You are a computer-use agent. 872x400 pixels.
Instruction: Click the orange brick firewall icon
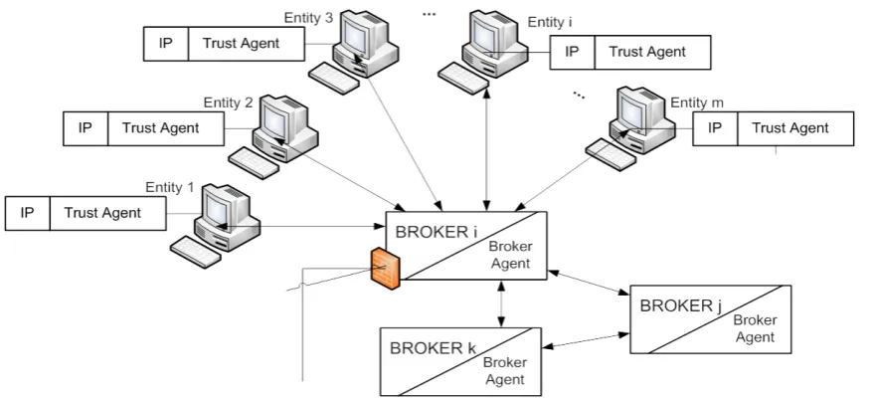(x=386, y=269)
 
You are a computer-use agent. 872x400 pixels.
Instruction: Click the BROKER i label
(x=436, y=232)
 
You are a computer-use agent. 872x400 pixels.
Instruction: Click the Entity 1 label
(x=170, y=187)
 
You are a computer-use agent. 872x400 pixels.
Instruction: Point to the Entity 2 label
(x=228, y=102)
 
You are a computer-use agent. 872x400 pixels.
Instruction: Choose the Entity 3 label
(x=308, y=18)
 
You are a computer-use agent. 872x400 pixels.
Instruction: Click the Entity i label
(x=550, y=22)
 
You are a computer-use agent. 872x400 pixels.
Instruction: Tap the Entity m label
(x=697, y=102)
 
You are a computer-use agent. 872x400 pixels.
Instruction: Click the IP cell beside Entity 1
(x=27, y=213)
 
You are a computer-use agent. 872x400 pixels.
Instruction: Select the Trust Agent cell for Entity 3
(x=247, y=44)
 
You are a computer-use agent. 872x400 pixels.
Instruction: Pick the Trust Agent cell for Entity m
(x=795, y=128)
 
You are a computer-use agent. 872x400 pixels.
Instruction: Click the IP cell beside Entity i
(x=573, y=53)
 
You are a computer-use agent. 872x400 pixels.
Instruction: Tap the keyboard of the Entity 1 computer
(x=196, y=252)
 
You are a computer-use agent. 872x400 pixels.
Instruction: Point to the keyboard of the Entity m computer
(x=611, y=154)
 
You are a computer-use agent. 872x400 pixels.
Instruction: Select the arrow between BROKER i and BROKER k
(x=501, y=303)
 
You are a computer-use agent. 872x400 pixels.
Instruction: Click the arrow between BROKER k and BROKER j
(x=586, y=340)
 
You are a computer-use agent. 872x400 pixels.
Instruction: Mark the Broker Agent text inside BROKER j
(x=755, y=328)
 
